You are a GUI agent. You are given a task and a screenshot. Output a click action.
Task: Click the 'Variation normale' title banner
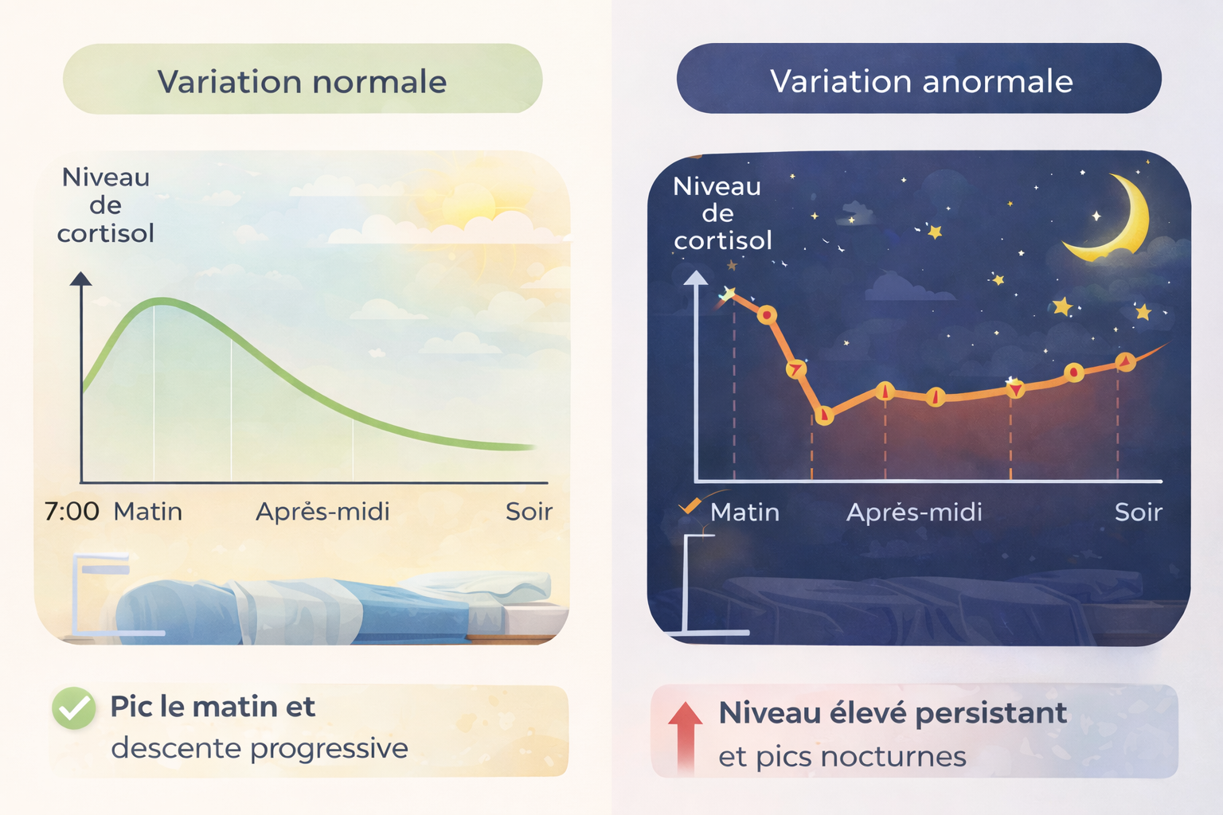pyautogui.click(x=303, y=79)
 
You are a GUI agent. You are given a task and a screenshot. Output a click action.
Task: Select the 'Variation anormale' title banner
pyautogui.click(x=919, y=79)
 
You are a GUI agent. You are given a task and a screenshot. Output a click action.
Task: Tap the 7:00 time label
pyautogui.click(x=72, y=512)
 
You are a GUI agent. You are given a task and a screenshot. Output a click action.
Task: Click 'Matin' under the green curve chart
pyautogui.click(x=147, y=512)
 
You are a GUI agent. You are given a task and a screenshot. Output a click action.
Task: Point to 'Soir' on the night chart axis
pyautogui.click(x=1139, y=512)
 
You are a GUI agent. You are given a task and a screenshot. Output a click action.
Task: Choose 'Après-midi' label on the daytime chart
pyautogui.click(x=322, y=512)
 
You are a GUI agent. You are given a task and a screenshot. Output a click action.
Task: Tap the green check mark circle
pyautogui.click(x=74, y=708)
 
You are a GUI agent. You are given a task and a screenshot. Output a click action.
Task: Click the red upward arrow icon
pyautogui.click(x=686, y=737)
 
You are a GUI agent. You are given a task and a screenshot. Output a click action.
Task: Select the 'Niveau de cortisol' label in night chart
pyautogui.click(x=722, y=213)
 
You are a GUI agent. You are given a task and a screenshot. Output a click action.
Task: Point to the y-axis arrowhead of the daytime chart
pyautogui.click(x=80, y=279)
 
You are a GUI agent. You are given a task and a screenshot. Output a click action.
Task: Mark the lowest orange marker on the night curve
pyautogui.click(x=824, y=415)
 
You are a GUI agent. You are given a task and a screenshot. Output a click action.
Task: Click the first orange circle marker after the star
pyautogui.click(x=767, y=315)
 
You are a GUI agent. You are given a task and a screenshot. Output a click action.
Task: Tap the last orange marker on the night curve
pyautogui.click(x=1125, y=361)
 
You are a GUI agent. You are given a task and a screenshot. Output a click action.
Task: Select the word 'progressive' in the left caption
pyautogui.click(x=329, y=748)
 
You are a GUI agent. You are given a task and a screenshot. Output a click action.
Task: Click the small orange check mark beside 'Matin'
pyautogui.click(x=690, y=505)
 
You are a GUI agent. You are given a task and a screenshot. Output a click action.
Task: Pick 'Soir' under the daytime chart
pyautogui.click(x=529, y=512)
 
